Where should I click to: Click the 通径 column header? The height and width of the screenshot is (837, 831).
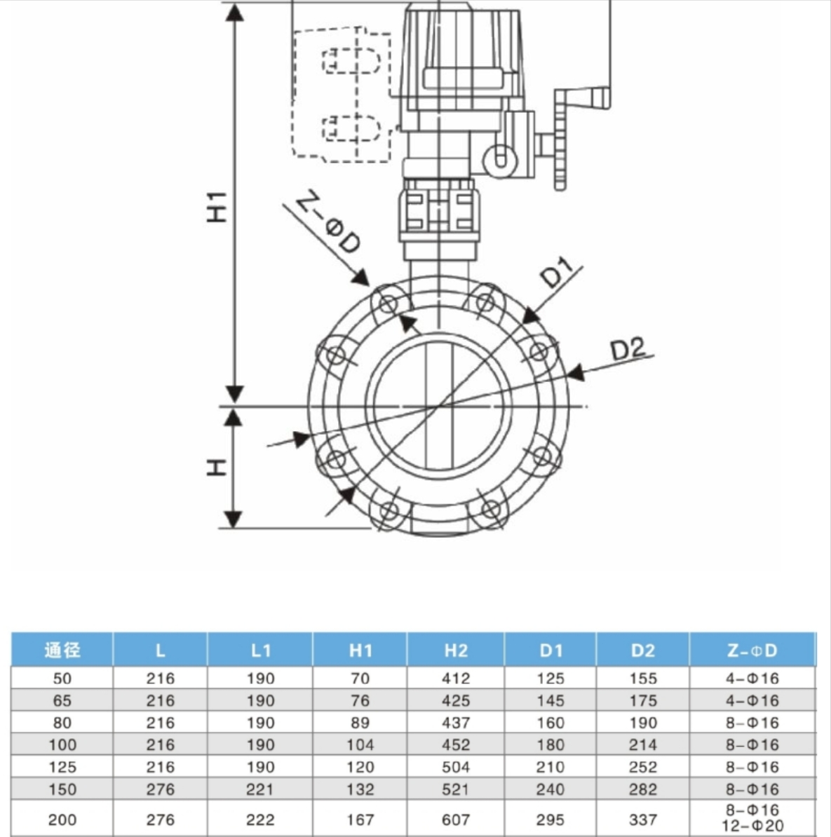tap(62, 651)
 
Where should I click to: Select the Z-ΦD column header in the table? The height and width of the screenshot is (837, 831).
tap(752, 651)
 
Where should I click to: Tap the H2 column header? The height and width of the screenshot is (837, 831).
tap(455, 651)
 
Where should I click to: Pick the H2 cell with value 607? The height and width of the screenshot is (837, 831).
tap(455, 819)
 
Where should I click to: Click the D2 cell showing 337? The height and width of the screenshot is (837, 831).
tap(642, 819)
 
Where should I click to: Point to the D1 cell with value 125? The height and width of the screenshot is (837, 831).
tap(550, 679)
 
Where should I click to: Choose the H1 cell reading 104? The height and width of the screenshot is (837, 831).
tap(360, 744)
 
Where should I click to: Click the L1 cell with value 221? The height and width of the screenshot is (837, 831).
tap(259, 789)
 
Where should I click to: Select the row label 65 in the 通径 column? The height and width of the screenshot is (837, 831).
tap(62, 700)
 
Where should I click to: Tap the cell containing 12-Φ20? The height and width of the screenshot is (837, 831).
tap(752, 826)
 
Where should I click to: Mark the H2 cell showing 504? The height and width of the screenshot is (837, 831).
tap(455, 767)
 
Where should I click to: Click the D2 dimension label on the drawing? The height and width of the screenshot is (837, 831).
tap(627, 348)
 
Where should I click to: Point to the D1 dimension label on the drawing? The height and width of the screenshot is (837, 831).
tap(558, 273)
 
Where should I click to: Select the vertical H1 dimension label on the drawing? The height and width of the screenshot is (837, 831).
tap(217, 206)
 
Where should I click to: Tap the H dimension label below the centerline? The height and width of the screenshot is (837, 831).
tap(217, 467)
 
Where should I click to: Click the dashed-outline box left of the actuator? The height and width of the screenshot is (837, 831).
tap(341, 95)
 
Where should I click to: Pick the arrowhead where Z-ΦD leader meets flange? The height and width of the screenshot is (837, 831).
tap(361, 278)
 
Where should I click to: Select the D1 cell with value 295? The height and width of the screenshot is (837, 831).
tap(550, 819)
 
